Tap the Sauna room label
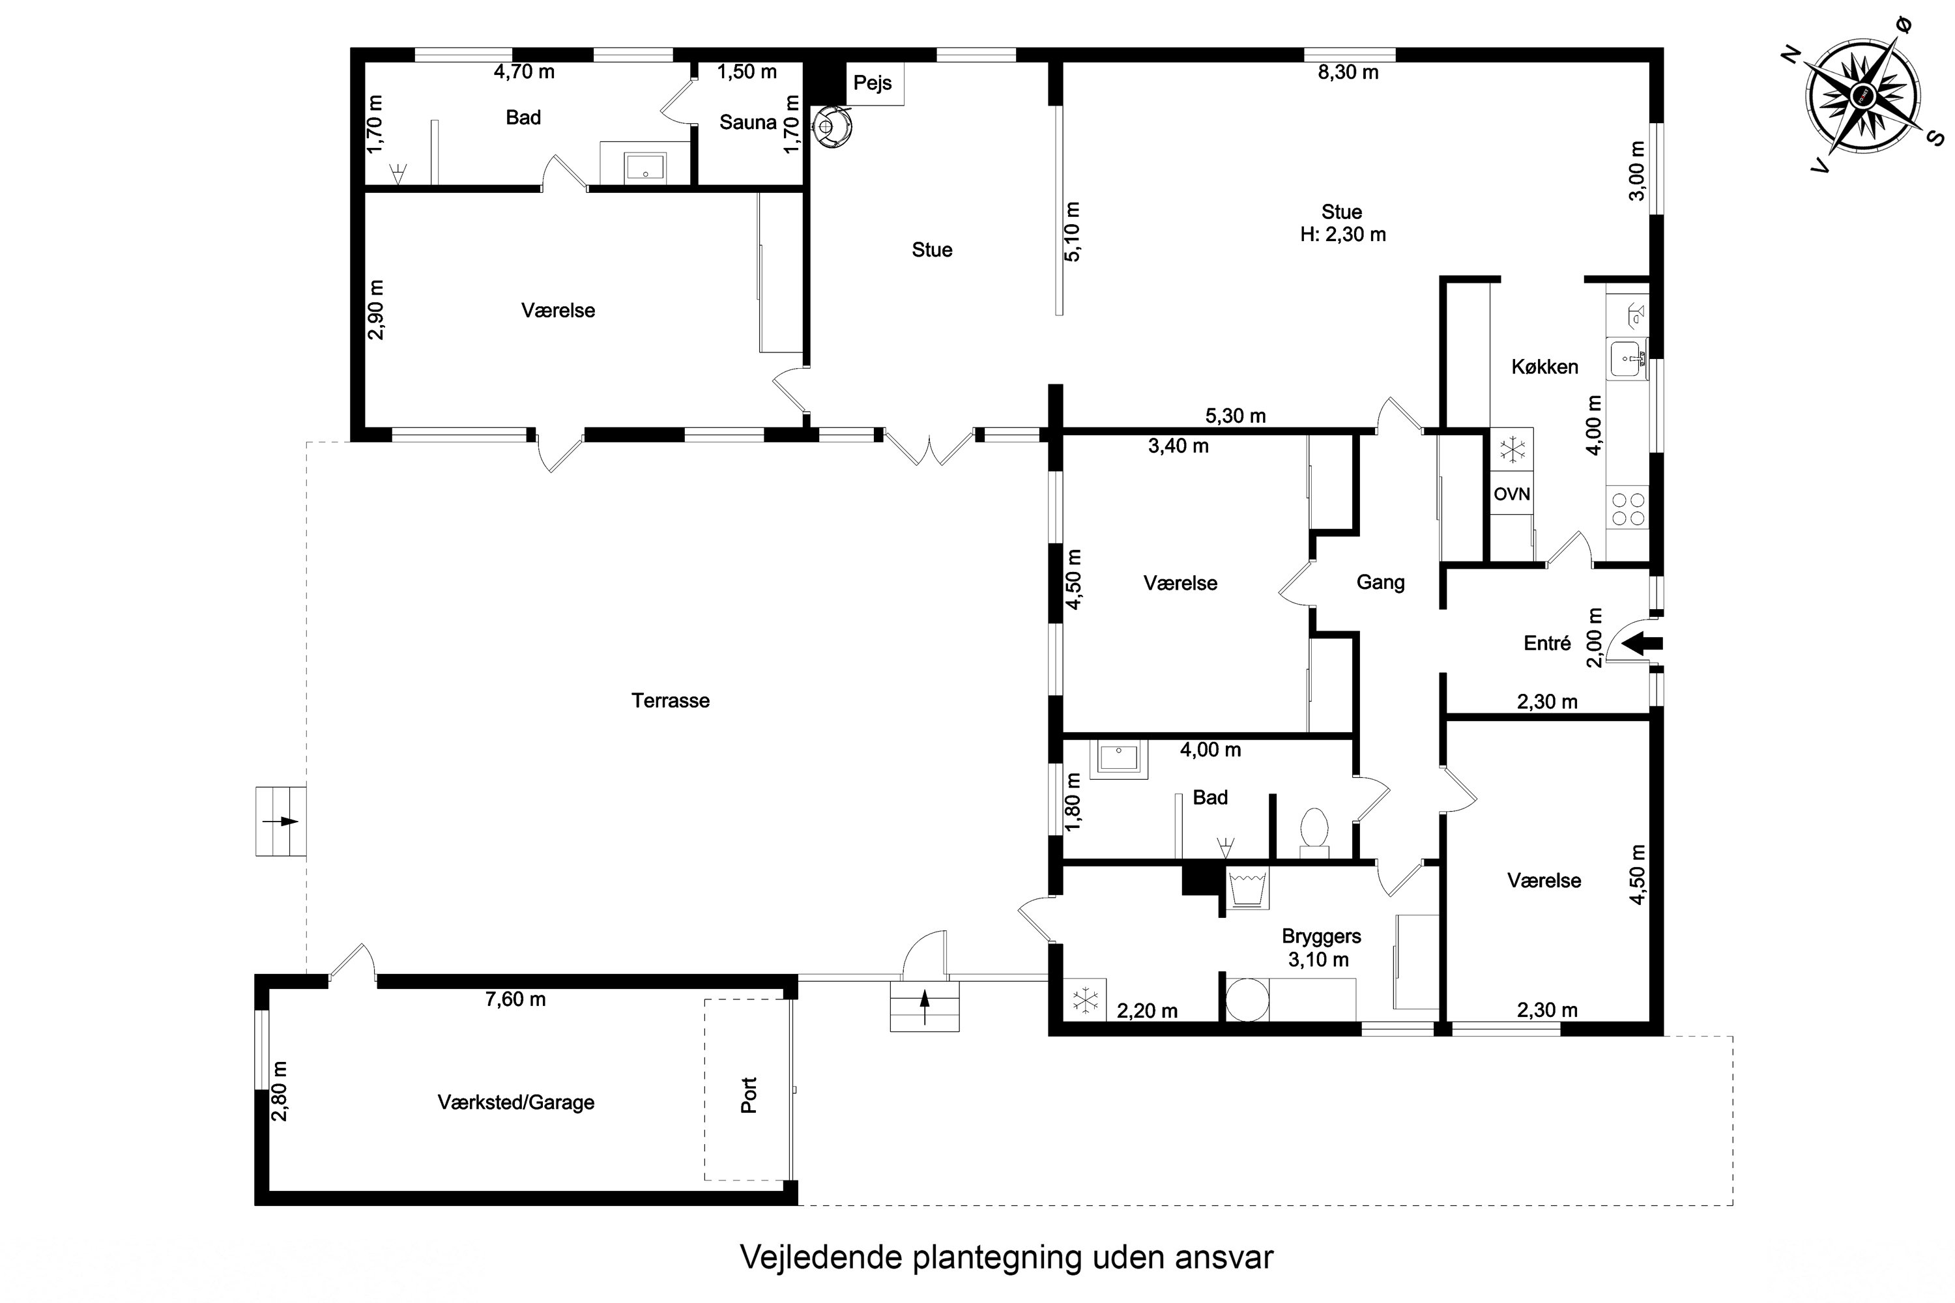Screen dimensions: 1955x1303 (748, 122)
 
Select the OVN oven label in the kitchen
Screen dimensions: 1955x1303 (1512, 494)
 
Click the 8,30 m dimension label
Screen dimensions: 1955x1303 (1348, 72)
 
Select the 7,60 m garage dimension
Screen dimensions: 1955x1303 (515, 999)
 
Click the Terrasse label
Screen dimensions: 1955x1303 (671, 700)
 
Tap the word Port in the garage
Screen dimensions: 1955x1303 (749, 1095)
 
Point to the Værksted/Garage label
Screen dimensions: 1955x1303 (516, 1103)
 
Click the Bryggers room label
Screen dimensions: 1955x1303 (1322, 937)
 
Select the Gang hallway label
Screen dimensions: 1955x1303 (1381, 582)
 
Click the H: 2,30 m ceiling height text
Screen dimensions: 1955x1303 (1343, 235)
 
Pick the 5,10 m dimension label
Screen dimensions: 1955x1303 (1072, 232)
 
